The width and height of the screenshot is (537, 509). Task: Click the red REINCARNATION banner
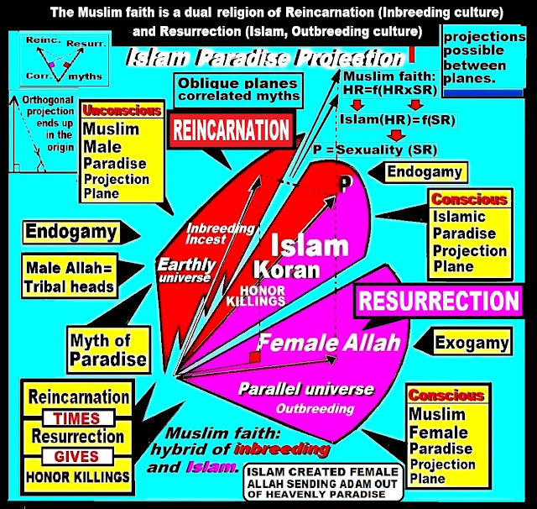232,130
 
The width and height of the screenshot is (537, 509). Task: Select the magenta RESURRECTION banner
438,301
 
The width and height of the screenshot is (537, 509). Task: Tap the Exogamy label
473,342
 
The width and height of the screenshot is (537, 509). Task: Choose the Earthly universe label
186,270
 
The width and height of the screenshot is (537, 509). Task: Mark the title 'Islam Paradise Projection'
265,60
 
